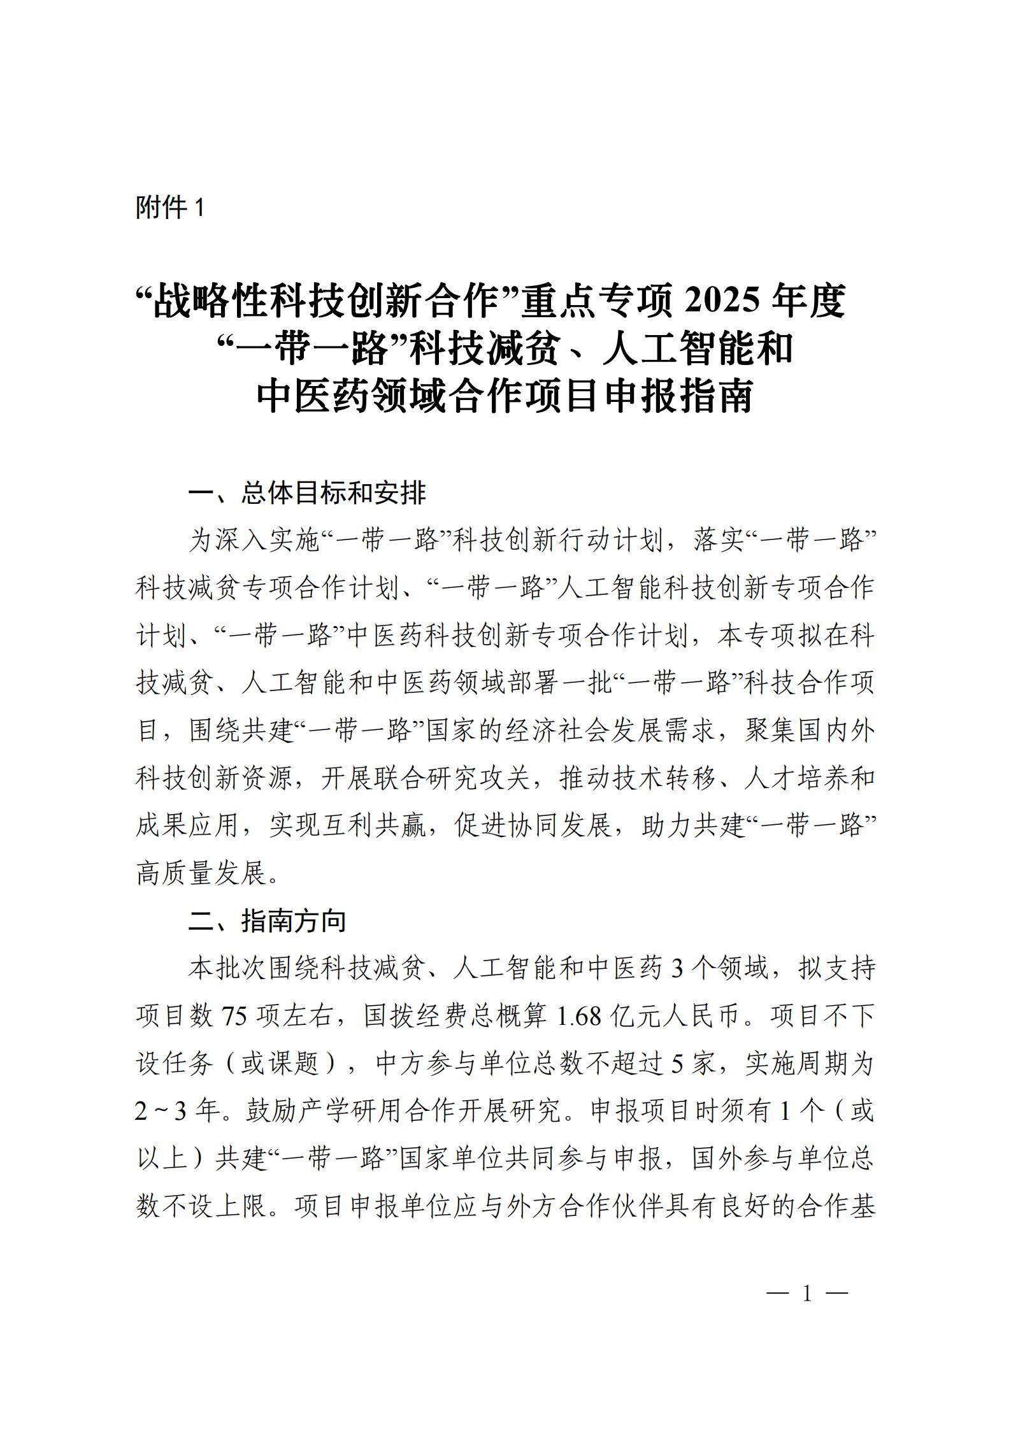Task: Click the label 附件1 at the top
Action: pyautogui.click(x=169, y=208)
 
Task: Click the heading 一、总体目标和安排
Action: pyautogui.click(x=307, y=493)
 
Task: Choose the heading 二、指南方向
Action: pyautogui.click(x=267, y=921)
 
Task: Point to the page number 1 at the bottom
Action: pyautogui.click(x=807, y=1294)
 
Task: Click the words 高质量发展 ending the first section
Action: pyautogui.click(x=201, y=873)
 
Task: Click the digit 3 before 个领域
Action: pyautogui.click(x=677, y=969)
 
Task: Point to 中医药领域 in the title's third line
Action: pyautogui.click(x=337, y=396)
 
